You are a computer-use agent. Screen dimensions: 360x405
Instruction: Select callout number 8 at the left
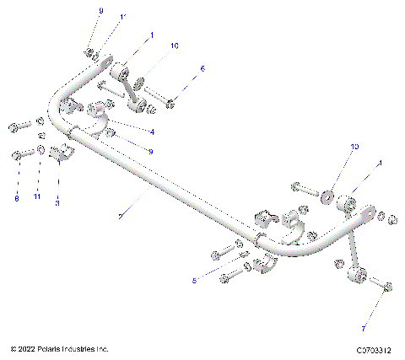[16, 199]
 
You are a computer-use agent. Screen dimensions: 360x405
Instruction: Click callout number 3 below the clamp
[57, 203]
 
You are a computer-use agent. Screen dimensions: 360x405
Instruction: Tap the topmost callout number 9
[100, 10]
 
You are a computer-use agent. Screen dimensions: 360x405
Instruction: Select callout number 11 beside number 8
[37, 198]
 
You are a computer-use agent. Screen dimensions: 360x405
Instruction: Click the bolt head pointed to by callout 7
[386, 288]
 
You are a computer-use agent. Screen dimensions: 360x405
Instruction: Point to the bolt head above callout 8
[17, 155]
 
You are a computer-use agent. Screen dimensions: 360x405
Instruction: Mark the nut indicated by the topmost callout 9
[89, 54]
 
